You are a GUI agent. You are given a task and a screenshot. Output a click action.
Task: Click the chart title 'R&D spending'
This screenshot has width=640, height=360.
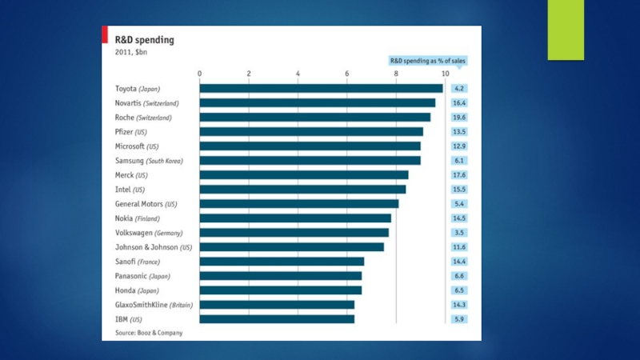click(x=145, y=38)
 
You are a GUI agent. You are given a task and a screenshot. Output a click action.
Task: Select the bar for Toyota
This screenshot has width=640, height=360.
click(x=321, y=88)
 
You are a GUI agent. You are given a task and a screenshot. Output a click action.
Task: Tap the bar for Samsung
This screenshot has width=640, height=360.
click(x=310, y=160)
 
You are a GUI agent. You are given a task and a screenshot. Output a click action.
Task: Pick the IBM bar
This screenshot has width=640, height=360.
click(x=277, y=319)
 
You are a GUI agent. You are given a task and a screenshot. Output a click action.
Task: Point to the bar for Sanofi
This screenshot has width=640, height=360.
click(x=282, y=261)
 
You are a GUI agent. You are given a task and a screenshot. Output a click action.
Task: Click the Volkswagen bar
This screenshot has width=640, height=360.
click(x=294, y=232)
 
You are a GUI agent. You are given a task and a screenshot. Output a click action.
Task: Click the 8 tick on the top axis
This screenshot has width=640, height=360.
click(x=396, y=74)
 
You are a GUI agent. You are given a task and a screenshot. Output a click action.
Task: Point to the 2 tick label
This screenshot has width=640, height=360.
click(x=249, y=74)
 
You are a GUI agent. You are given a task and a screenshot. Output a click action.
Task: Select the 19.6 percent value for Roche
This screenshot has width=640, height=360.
click(x=459, y=117)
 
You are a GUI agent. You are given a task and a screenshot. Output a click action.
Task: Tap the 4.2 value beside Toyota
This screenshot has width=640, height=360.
click(x=459, y=88)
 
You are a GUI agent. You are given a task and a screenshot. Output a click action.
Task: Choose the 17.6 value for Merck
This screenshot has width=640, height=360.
click(x=459, y=174)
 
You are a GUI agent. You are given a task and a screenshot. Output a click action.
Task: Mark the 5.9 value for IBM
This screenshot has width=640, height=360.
click(x=459, y=319)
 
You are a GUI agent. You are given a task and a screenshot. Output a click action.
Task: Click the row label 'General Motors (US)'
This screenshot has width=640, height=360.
click(x=146, y=204)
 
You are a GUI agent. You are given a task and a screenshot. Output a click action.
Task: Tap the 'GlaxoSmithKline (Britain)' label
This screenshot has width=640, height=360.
click(x=154, y=305)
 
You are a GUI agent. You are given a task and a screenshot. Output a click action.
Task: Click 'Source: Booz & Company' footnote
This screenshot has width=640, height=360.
click(x=149, y=333)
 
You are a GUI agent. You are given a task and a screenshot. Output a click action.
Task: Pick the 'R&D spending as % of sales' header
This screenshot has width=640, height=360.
click(x=429, y=60)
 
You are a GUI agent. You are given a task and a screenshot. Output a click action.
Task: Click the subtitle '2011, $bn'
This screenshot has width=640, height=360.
click(x=131, y=52)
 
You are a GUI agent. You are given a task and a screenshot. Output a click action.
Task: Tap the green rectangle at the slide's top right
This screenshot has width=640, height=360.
click(x=566, y=30)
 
